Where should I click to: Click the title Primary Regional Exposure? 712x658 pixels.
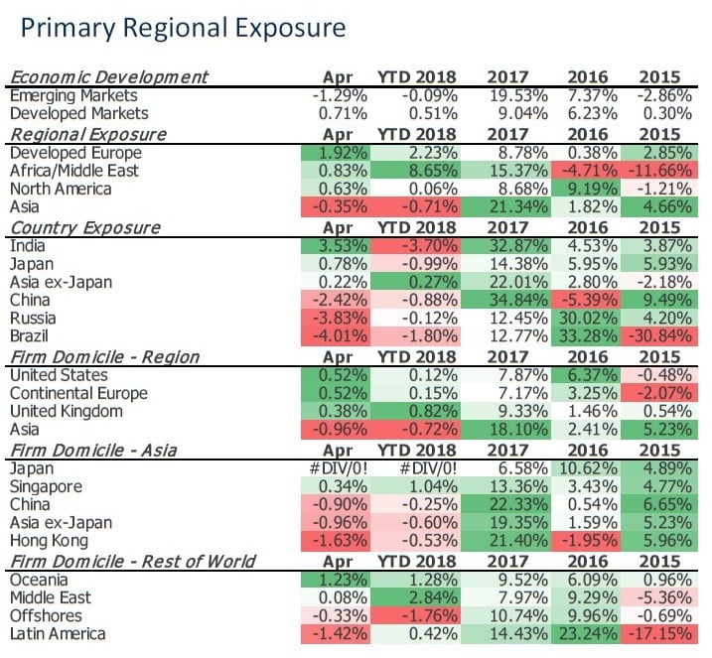coord(183,28)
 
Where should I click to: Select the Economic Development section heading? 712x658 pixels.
coord(108,77)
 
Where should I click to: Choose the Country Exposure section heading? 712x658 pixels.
coord(84,227)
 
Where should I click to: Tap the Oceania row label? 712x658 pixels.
coord(40,580)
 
